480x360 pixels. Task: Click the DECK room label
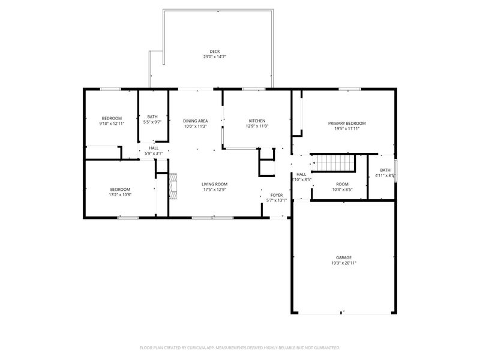tap(214, 51)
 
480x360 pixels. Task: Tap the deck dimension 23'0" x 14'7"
tap(214, 57)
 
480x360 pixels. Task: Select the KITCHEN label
tap(257, 121)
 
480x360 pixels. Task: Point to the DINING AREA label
tap(196, 121)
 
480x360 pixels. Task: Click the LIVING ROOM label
tap(214, 184)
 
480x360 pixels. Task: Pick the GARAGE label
tap(344, 257)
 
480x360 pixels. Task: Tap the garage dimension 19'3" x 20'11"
tap(344, 263)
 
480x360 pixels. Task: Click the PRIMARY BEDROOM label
tap(347, 123)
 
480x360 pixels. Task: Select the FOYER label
tap(277, 195)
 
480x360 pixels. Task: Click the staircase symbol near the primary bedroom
tap(334, 163)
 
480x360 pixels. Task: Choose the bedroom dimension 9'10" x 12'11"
tap(112, 124)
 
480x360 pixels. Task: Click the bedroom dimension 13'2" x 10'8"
tap(120, 195)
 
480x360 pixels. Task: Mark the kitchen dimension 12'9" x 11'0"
tap(257, 126)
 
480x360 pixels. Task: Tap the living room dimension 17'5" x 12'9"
tap(214, 190)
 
